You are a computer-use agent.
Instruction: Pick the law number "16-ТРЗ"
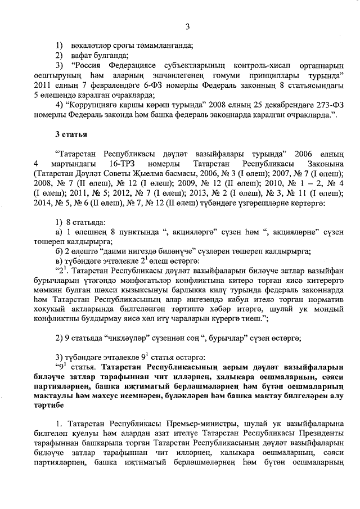119,163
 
